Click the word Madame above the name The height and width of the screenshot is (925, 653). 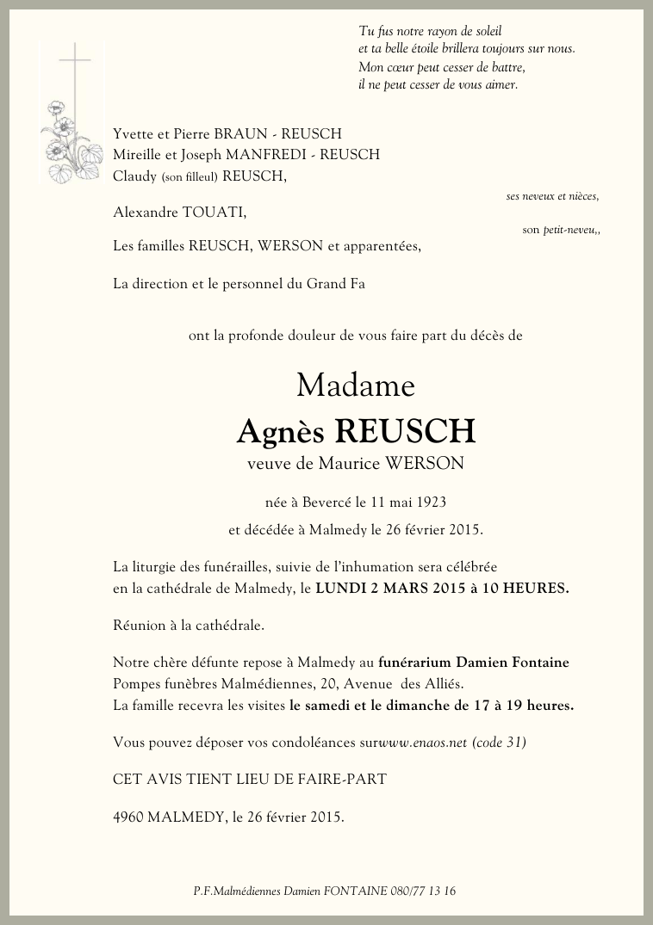pos(356,385)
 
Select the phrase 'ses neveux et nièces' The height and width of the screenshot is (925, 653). pos(552,196)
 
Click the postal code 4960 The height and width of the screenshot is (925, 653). pos(128,817)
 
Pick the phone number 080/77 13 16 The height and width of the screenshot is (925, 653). pos(422,891)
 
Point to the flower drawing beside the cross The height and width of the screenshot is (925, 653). pos(67,142)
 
